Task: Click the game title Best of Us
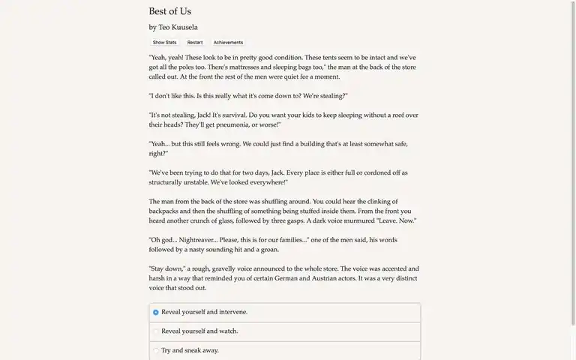pyautogui.click(x=170, y=11)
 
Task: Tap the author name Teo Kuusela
pyautogui.click(x=178, y=28)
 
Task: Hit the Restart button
pyautogui.click(x=195, y=43)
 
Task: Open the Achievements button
pyautogui.click(x=228, y=43)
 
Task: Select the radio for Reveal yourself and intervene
pyautogui.click(x=156, y=313)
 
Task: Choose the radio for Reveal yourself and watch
pyautogui.click(x=156, y=331)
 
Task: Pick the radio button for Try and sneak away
pyautogui.click(x=156, y=351)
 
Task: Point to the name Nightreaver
pyautogui.click(x=198, y=241)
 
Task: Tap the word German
pyautogui.click(x=286, y=279)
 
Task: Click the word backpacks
pyautogui.click(x=163, y=211)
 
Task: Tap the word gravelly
pyautogui.click(x=223, y=269)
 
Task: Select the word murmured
pyautogui.click(x=359, y=221)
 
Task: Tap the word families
pyautogui.click(x=293, y=241)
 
